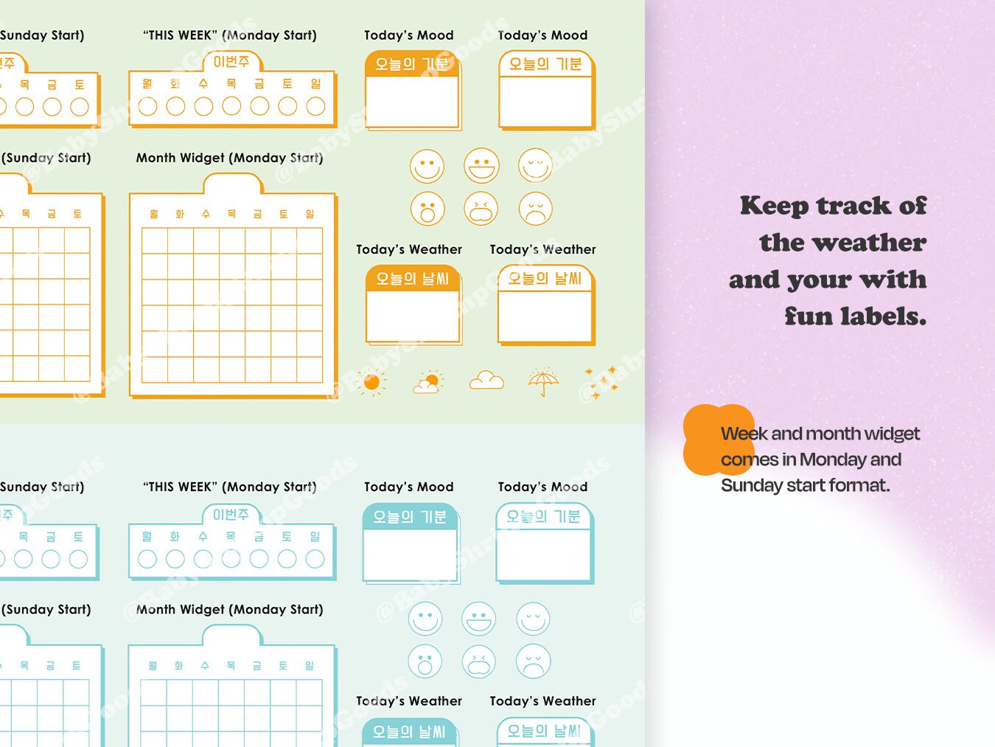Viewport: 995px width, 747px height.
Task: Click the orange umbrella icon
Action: coord(544,382)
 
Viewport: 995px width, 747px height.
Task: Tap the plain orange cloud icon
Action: coord(486,381)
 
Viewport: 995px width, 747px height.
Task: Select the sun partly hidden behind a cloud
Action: coord(428,382)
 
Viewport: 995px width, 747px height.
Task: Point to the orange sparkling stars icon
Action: coord(601,382)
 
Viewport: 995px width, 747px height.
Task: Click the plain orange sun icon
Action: coord(371,382)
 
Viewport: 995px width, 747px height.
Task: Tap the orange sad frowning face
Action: coord(536,209)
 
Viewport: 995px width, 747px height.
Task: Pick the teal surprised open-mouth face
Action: coord(425,661)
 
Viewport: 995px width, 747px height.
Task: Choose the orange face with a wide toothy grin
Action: coord(481,166)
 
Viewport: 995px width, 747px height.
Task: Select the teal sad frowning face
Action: coord(534,661)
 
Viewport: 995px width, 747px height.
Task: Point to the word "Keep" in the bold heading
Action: coord(774,206)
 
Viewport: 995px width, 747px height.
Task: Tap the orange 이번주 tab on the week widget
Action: coord(231,62)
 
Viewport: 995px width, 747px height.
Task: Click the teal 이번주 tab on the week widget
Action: coord(231,515)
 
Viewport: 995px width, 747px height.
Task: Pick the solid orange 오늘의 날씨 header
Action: coord(412,279)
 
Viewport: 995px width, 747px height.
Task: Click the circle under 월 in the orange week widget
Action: coord(147,107)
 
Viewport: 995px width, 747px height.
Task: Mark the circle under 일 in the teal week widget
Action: coord(315,559)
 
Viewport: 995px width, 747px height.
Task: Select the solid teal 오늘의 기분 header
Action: coord(409,517)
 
